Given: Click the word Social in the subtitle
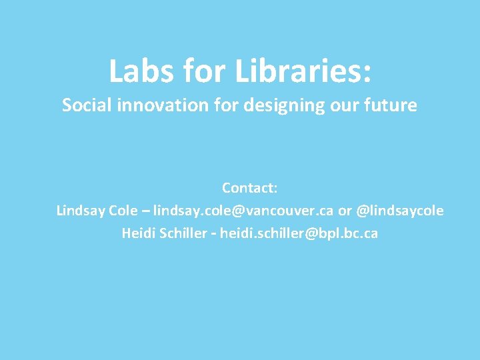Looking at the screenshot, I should point(85,105).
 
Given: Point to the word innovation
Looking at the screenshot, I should point(161,105).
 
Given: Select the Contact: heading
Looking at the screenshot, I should point(249,188).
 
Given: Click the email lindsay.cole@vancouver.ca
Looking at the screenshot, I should point(243,211).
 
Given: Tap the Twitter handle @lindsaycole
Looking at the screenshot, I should point(400,211).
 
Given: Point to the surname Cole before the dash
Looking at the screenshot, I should point(123,211).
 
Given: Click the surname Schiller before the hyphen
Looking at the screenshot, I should point(182,234).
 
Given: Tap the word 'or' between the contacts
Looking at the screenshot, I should point(345,211).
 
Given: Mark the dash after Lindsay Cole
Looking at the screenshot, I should point(146,211).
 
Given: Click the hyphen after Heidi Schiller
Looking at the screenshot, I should point(213,235).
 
